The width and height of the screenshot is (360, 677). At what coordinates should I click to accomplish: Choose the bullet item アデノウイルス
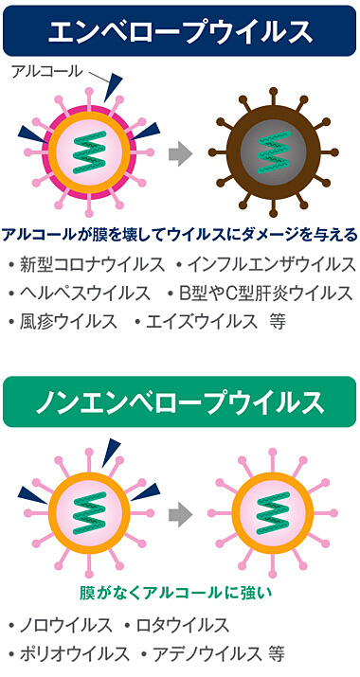pyautogui.click(x=201, y=653)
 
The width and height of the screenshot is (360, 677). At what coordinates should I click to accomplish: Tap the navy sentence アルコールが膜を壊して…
pyautogui.click(x=180, y=234)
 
